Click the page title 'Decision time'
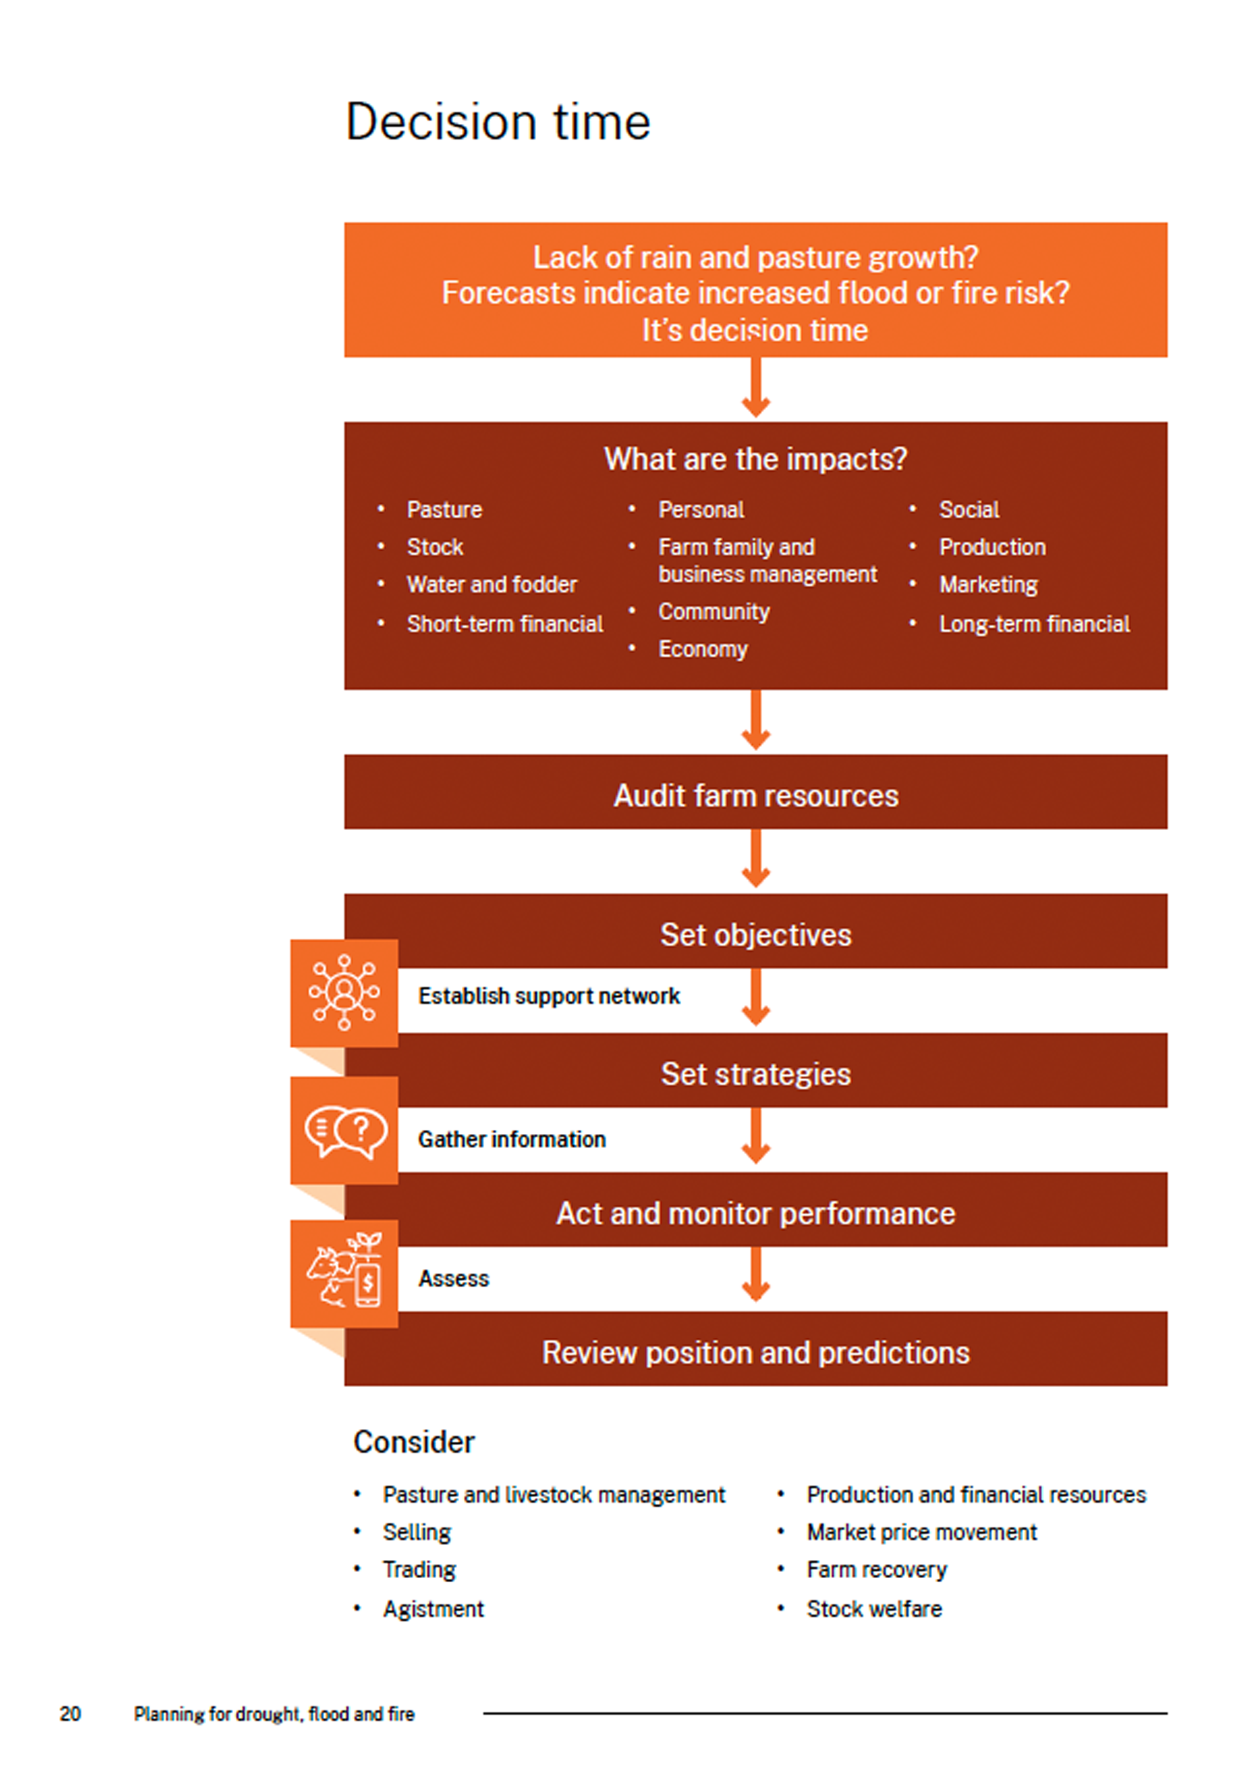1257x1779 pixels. coord(498,122)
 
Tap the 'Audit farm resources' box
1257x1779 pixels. coord(756,792)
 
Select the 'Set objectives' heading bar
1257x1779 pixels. coord(756,932)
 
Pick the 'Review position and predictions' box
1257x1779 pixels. coord(756,1349)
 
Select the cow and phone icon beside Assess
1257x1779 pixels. coord(345,1271)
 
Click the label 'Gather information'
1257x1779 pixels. coord(512,1139)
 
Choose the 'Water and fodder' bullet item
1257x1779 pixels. coord(492,584)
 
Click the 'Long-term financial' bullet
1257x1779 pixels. coord(1034,624)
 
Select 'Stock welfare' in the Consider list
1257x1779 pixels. coord(874,1609)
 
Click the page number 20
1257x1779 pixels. coord(70,1714)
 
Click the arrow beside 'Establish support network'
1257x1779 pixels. coord(756,997)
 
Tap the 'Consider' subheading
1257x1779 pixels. coord(414,1442)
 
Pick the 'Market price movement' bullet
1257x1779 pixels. coord(921,1532)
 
